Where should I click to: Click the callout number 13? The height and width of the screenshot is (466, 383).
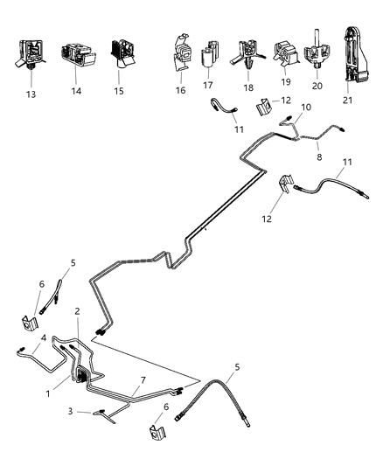pos(33,90)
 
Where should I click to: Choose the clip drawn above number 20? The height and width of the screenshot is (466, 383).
pos(317,54)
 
